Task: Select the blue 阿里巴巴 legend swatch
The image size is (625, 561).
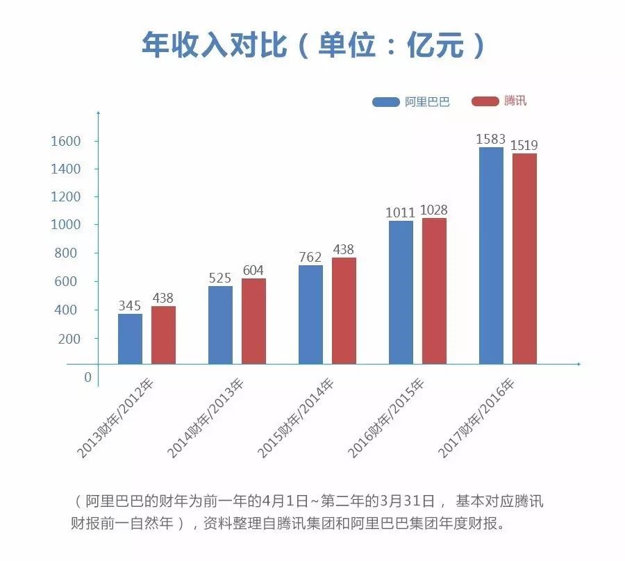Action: [386, 101]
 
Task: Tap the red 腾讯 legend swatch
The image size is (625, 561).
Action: [485, 101]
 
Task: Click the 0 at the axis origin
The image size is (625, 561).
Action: [87, 377]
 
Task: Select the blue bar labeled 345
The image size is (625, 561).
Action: [130, 339]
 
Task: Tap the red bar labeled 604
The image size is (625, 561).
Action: [253, 321]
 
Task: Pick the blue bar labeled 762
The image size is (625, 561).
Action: [310, 315]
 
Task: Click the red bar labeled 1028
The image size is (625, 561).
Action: [434, 291]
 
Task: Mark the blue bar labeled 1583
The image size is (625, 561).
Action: [491, 256]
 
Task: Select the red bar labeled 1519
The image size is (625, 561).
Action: [524, 258]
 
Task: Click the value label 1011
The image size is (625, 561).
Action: [401, 211]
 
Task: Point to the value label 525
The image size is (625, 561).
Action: [220, 278]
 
